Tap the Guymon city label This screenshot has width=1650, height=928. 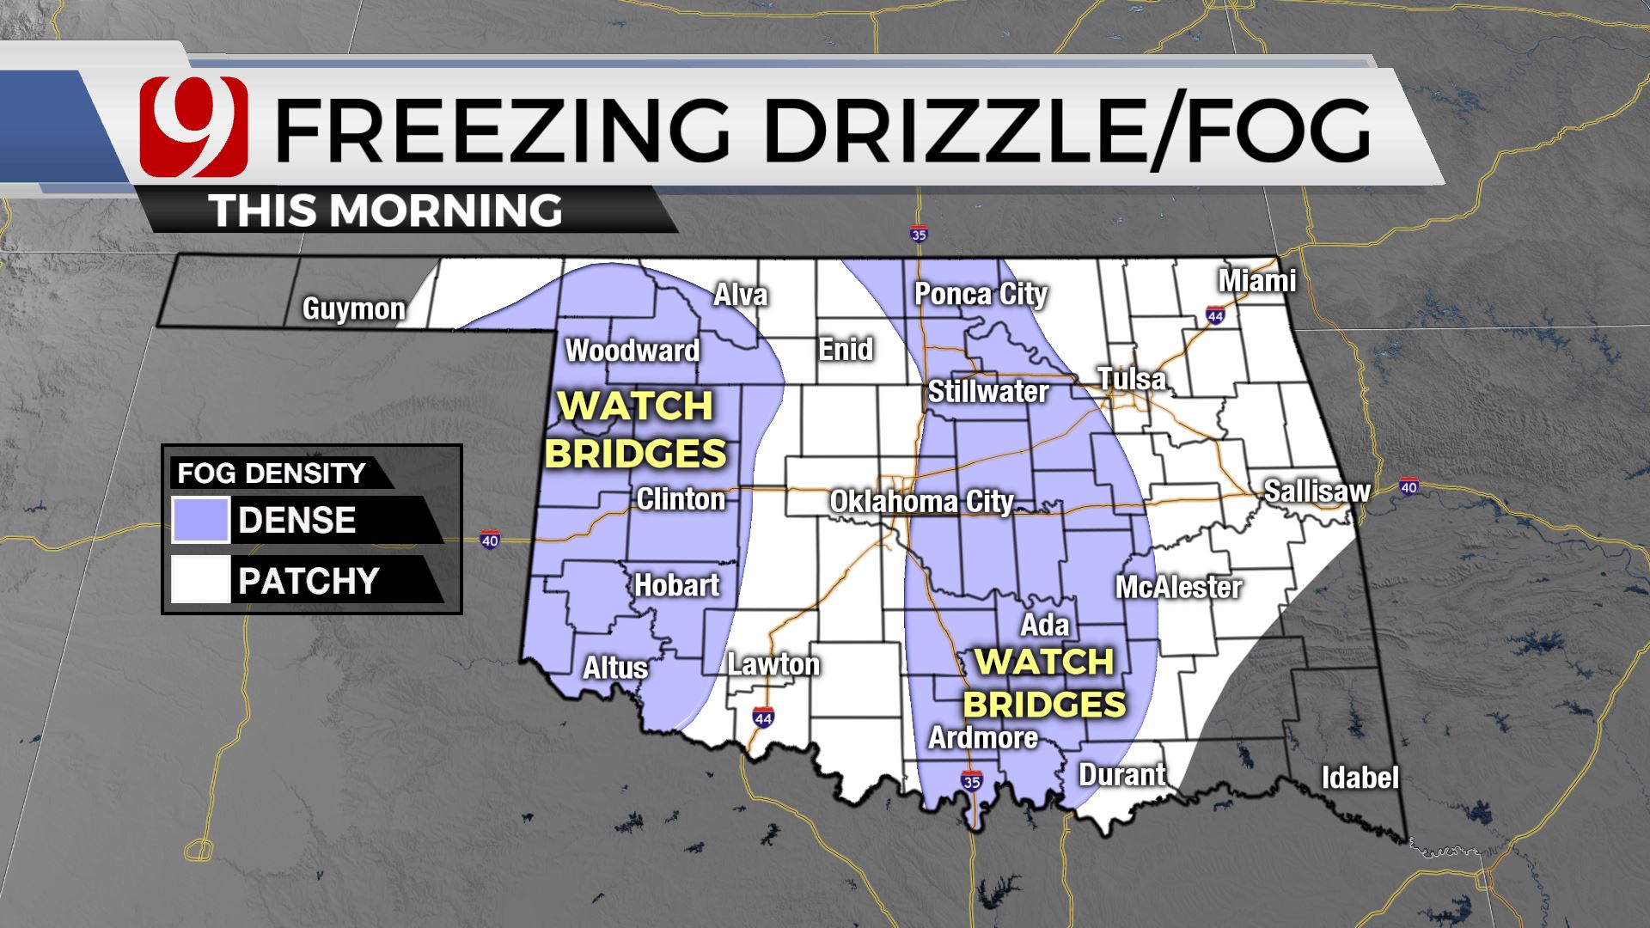tap(353, 308)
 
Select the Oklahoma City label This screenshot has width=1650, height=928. tap(921, 502)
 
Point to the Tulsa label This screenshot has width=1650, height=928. tap(1132, 379)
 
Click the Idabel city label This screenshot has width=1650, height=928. tap(1360, 778)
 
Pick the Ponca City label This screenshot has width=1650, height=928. tap(981, 294)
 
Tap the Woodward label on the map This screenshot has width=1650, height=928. tap(632, 351)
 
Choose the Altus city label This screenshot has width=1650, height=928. tap(615, 668)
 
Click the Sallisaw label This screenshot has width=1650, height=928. tap(1317, 491)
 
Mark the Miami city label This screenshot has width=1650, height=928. tap(1257, 281)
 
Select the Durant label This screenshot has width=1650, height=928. tap(1122, 774)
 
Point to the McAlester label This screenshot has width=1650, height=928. tap(1178, 588)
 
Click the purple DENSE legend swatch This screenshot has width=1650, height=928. tap(200, 520)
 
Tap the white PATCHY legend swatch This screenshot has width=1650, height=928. tap(200, 580)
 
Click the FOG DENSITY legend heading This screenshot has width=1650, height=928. tap(272, 473)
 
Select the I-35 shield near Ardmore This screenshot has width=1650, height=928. tap(972, 782)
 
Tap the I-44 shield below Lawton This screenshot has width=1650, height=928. tap(762, 716)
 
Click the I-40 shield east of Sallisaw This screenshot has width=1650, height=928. tap(1409, 486)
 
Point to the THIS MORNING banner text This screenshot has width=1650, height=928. tap(387, 211)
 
